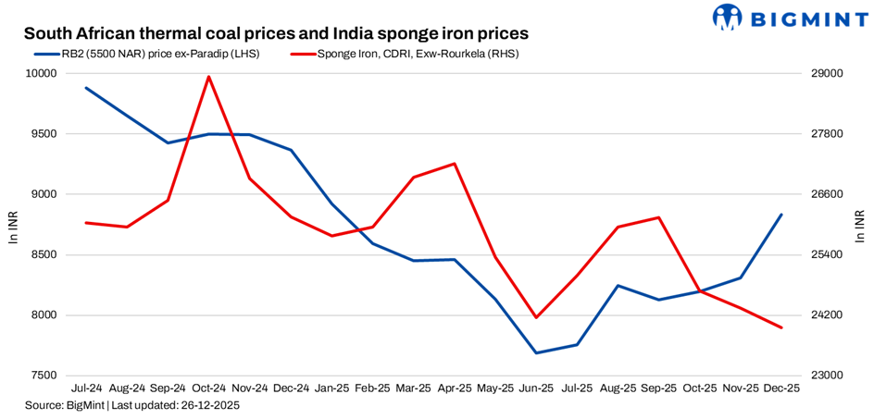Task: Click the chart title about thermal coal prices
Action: click(276, 32)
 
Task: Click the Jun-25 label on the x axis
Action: click(536, 389)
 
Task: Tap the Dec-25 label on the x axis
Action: click(781, 389)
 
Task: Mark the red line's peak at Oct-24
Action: click(209, 77)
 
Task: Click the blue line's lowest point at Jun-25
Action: click(536, 352)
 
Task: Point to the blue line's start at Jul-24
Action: click(86, 88)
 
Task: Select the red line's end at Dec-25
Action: click(781, 327)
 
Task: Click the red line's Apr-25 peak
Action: click(455, 164)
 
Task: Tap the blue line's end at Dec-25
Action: click(781, 215)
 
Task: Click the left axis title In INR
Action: click(13, 225)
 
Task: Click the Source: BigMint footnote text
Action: click(132, 406)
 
